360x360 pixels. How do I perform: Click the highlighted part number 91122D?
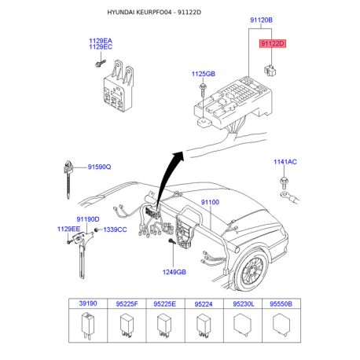coord(273,43)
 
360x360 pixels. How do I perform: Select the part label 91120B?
coord(261,20)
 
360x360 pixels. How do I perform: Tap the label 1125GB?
coord(204,74)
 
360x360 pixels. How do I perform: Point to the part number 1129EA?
coord(101,41)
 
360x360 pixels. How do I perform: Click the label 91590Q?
coord(99,167)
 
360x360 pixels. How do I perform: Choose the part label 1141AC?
coord(285,162)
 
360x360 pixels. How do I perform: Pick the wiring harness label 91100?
coord(210,202)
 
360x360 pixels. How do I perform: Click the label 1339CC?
coord(115,230)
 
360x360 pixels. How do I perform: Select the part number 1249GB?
coord(174,272)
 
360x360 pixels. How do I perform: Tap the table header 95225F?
coord(127,304)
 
